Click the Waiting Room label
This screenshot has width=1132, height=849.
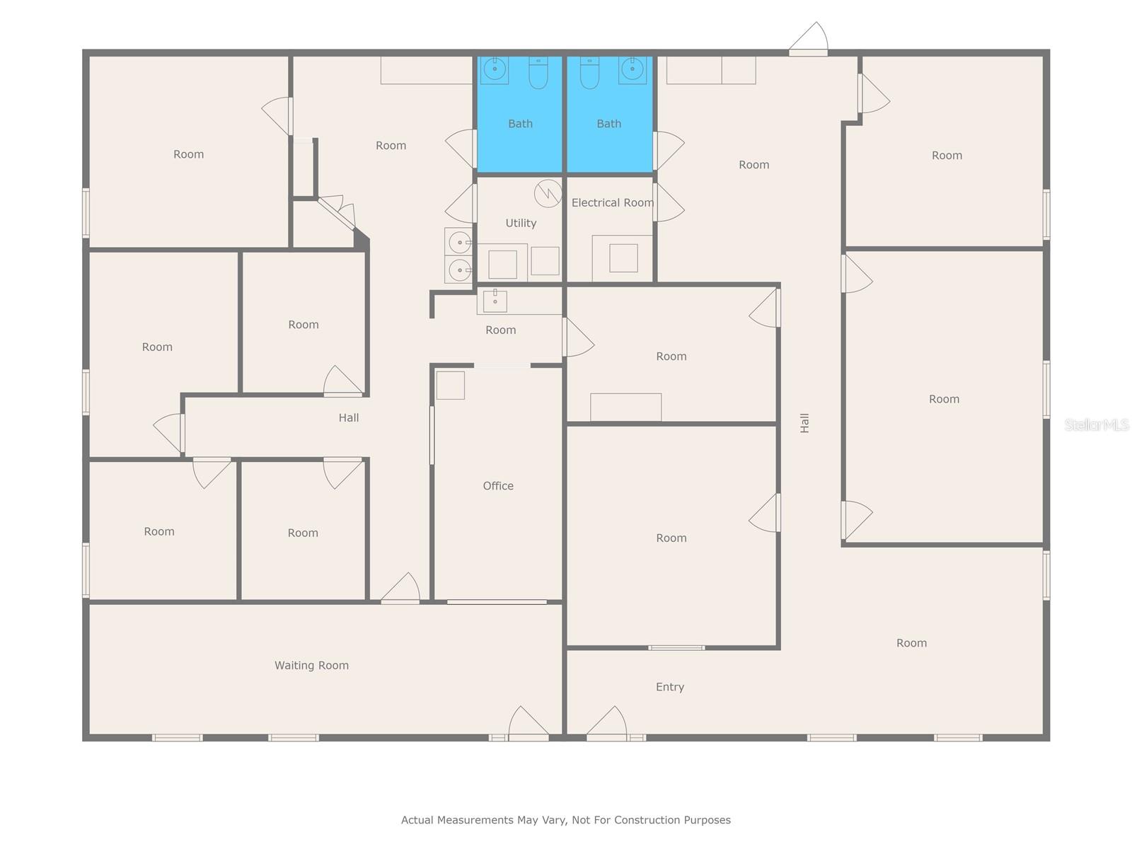pyautogui.click(x=311, y=665)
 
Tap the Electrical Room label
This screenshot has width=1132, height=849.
pyautogui.click(x=612, y=203)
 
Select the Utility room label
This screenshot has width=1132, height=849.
pyautogui.click(x=521, y=223)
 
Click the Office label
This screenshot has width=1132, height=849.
pyautogui.click(x=498, y=486)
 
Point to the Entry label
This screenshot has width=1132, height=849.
pyautogui.click(x=669, y=687)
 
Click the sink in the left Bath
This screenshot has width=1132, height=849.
pyautogui.click(x=495, y=70)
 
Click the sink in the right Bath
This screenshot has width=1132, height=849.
pyautogui.click(x=632, y=70)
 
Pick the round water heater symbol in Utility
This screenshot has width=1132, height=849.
pyautogui.click(x=548, y=193)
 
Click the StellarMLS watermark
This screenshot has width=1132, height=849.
pyautogui.click(x=1097, y=424)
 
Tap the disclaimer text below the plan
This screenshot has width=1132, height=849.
pyautogui.click(x=566, y=820)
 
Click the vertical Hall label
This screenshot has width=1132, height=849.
pyautogui.click(x=804, y=423)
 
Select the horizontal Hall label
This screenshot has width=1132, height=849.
pyautogui.click(x=348, y=418)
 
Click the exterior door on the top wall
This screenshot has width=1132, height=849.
pyautogui.click(x=809, y=41)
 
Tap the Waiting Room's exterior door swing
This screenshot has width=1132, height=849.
pyautogui.click(x=527, y=723)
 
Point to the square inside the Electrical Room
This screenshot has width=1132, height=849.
pyautogui.click(x=623, y=258)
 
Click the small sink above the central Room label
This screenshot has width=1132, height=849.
pyautogui.click(x=495, y=301)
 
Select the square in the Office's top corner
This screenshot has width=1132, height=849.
pyautogui.click(x=450, y=386)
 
